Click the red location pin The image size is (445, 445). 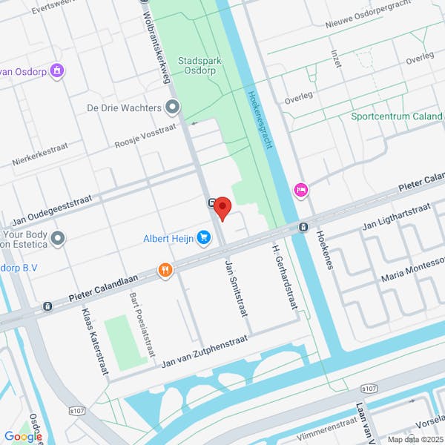point(222,208)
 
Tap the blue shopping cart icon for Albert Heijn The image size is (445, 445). point(205,238)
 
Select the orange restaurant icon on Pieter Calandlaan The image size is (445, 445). point(165,270)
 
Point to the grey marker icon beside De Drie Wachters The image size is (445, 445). point(173,108)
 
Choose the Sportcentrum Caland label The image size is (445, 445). point(397,116)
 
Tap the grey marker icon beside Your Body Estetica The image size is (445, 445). point(58,238)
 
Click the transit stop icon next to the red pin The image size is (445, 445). point(211,202)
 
